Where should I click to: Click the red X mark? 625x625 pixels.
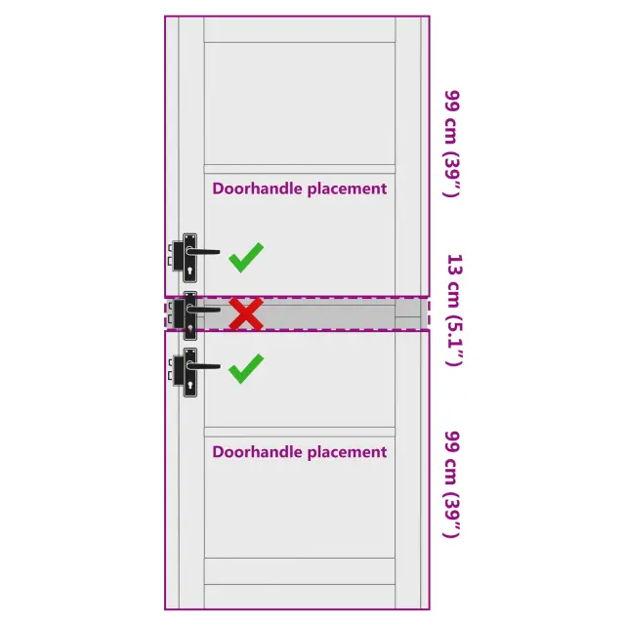[x=246, y=314]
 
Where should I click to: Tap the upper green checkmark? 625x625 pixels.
[x=246, y=258]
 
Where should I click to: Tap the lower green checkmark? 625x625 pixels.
[x=246, y=369]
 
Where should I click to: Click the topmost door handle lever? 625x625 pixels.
[x=203, y=252]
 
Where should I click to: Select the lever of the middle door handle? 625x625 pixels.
[x=203, y=310]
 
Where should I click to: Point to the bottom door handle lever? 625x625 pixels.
[x=203, y=366]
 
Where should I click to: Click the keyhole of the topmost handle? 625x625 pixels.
[x=189, y=271]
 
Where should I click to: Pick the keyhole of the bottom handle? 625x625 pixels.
[x=190, y=386]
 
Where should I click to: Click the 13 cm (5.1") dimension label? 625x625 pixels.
[x=454, y=310]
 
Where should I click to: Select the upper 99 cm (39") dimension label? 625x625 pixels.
[x=452, y=144]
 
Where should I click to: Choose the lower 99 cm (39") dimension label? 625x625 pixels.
[x=452, y=484]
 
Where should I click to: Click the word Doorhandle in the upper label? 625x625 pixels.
[x=258, y=188]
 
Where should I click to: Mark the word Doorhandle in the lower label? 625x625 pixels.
[x=258, y=451]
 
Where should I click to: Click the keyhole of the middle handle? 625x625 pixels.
[x=190, y=329]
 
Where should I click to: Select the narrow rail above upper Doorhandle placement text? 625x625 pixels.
[x=300, y=169]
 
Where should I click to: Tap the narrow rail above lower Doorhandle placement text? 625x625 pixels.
[x=300, y=433]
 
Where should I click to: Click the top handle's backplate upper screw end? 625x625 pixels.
[x=189, y=237]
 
